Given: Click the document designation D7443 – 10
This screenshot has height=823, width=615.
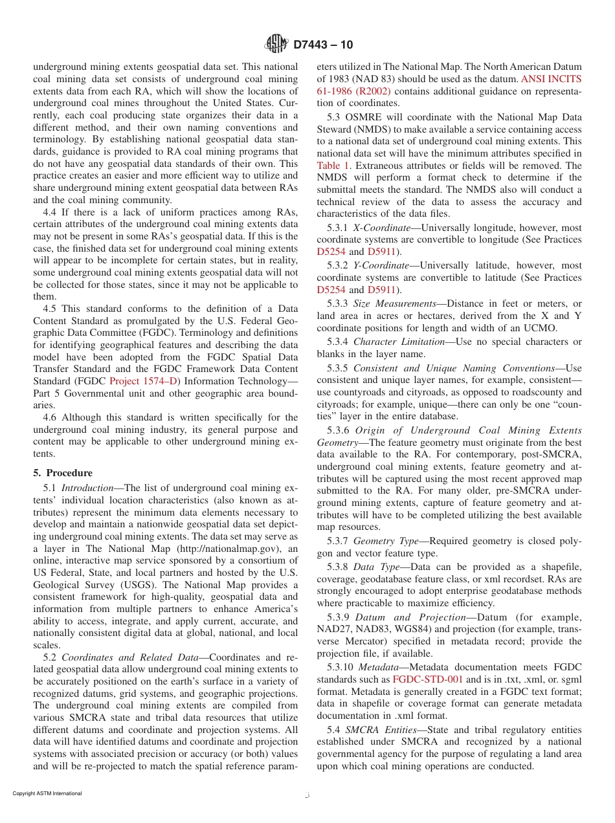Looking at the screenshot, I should (x=323, y=45).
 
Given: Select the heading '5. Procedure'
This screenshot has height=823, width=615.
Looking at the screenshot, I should (x=63, y=473).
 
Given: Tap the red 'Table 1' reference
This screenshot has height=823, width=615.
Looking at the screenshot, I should (x=332, y=166).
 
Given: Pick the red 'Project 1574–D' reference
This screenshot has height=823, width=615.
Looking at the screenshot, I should (x=145, y=381).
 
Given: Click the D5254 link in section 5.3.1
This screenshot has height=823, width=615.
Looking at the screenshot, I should (x=331, y=252).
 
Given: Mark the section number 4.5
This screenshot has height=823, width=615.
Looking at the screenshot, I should (x=51, y=309).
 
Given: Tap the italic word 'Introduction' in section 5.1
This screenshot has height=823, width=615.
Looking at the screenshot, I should (x=87, y=488).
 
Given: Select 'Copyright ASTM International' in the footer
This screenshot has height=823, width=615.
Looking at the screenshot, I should (x=47, y=793).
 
